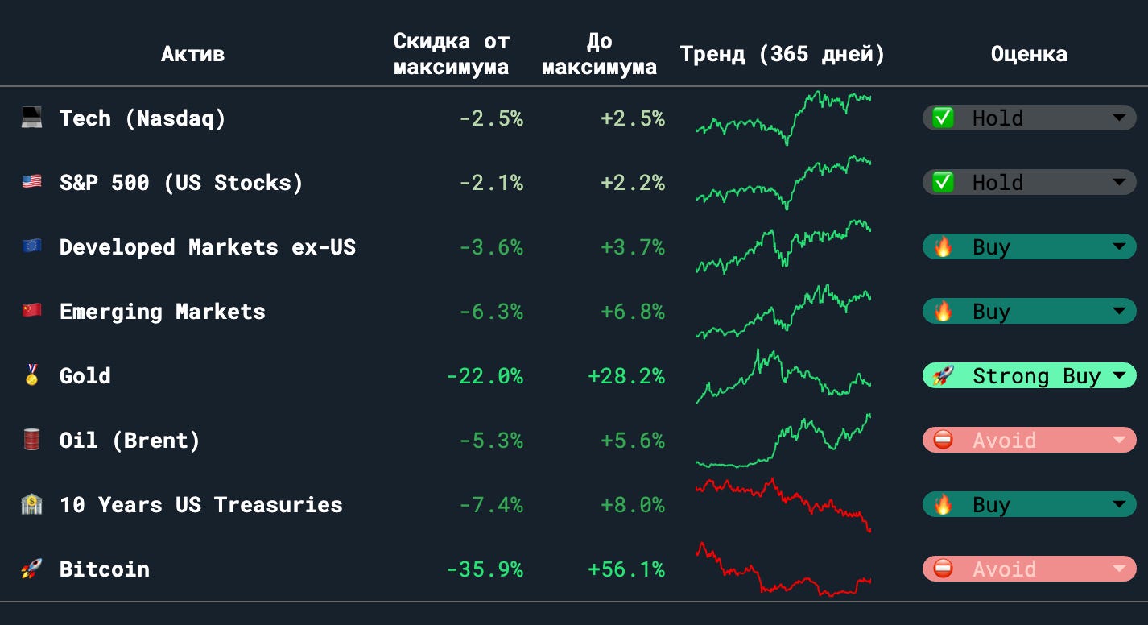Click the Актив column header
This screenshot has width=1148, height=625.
click(x=192, y=54)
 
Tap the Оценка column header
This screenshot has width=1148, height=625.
click(x=1029, y=54)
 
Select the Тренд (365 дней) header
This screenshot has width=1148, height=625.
click(x=782, y=54)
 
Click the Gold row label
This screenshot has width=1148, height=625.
click(x=85, y=376)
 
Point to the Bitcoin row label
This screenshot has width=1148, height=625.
click(x=105, y=569)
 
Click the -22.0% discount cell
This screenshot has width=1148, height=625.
click(x=485, y=376)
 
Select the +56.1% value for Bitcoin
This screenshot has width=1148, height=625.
click(x=626, y=569)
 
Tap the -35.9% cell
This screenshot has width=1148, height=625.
click(x=485, y=569)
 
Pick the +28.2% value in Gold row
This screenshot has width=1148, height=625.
click(x=626, y=376)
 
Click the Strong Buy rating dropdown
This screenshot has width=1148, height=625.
click(x=1029, y=376)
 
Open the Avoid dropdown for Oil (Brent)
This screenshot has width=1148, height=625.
click(x=1029, y=440)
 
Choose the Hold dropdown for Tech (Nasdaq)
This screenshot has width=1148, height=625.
click(x=1029, y=118)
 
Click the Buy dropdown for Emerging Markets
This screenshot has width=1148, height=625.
click(x=1029, y=311)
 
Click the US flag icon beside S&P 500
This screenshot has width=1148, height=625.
click(x=31, y=182)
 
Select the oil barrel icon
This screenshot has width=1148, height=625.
click(x=31, y=440)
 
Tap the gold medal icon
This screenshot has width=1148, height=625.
click(x=31, y=375)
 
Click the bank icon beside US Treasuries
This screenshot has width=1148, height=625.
click(x=31, y=504)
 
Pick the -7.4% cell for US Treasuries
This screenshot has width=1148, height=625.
click(x=491, y=504)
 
